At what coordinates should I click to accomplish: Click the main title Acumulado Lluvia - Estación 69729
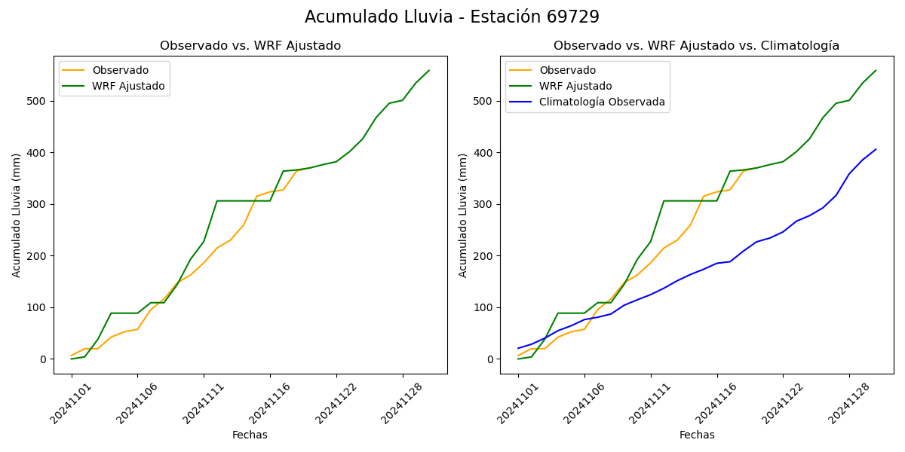(x=452, y=17)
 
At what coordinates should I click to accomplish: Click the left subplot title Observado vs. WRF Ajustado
(x=250, y=46)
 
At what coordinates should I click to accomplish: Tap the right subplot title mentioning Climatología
(x=696, y=46)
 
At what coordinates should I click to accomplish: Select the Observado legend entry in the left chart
(x=120, y=70)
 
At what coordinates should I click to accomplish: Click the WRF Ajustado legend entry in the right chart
(x=575, y=86)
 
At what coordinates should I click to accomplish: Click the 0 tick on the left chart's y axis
(x=44, y=359)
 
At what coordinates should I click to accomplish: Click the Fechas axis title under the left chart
(x=250, y=435)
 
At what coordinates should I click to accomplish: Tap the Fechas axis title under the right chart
(x=697, y=435)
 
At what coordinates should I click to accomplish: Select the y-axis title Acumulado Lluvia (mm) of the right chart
(x=463, y=215)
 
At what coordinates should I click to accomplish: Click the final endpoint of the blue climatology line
(x=876, y=149)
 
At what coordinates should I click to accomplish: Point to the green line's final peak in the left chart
(x=429, y=71)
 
